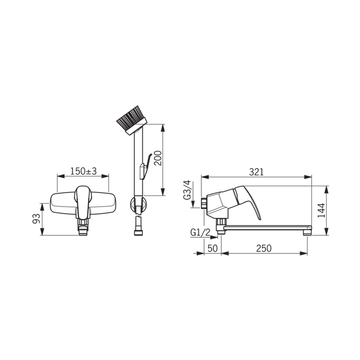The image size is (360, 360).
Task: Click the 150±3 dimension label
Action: click(83, 171)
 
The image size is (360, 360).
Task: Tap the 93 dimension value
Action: click(36, 218)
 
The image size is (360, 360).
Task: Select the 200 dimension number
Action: click(157, 158)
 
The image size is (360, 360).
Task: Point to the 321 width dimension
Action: click(256, 172)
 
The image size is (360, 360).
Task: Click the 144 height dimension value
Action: click(321, 210)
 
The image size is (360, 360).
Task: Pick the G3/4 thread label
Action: click(187, 190)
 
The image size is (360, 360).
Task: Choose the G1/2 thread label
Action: click(200, 233)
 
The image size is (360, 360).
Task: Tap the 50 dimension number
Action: click(212, 248)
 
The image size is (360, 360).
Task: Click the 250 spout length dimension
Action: click(264, 248)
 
